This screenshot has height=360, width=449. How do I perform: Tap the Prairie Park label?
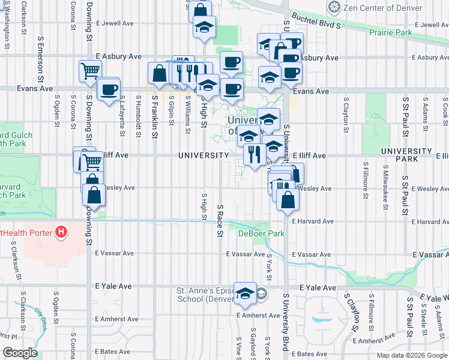[x=391, y=32]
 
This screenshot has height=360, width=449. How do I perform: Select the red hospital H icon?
[x=60, y=232]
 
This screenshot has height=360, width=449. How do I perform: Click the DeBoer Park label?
[x=261, y=233]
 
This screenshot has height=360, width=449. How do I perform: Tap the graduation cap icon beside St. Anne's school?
[x=244, y=293]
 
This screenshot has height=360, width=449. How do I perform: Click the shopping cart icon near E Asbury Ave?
[x=89, y=70]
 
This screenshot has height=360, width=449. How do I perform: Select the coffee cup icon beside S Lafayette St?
[x=109, y=89]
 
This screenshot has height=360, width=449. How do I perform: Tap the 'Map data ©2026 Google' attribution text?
[x=411, y=355]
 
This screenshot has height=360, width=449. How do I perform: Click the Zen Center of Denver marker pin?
[x=334, y=7]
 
